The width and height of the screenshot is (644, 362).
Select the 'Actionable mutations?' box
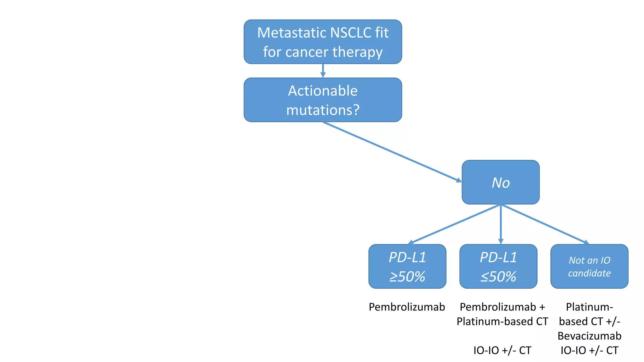pyautogui.click(x=323, y=100)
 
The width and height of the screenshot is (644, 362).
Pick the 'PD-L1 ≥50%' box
pyautogui.click(x=407, y=267)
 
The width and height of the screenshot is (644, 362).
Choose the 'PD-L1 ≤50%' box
pyautogui.click(x=498, y=267)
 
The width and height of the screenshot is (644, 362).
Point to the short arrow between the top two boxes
pyautogui.click(x=323, y=71)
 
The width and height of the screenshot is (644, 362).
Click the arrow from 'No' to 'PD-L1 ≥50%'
pyautogui.click(x=454, y=224)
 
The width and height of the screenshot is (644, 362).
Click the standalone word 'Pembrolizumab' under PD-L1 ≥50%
pyautogui.click(x=407, y=307)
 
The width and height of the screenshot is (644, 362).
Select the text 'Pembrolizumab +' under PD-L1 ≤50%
pyautogui.click(x=502, y=307)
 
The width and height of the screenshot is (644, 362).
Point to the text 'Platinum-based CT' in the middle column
pyautogui.click(x=502, y=321)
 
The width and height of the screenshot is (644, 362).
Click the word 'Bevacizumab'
pyautogui.click(x=589, y=336)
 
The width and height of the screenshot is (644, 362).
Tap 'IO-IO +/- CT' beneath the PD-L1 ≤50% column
pyautogui.click(x=502, y=350)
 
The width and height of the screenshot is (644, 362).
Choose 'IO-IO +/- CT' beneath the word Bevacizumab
pyautogui.click(x=589, y=350)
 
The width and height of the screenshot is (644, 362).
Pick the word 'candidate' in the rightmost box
pyautogui.click(x=589, y=273)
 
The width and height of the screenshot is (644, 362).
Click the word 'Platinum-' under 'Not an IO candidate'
pyautogui.click(x=589, y=307)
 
